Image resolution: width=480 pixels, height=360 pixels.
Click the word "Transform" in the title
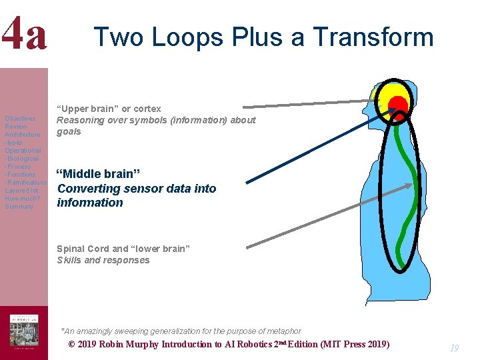377,37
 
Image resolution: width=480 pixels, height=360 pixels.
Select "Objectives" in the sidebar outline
20,119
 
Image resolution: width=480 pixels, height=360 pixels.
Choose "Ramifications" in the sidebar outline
27,183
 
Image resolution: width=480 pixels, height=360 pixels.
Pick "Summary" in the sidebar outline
19,207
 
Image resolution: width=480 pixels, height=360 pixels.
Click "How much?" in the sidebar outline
23,199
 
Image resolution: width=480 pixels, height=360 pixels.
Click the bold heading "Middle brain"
98,174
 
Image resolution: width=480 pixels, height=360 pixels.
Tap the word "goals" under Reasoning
69,132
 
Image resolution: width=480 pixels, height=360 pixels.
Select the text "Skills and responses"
103,261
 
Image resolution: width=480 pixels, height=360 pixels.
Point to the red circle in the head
398,105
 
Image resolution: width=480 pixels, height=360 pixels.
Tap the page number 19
454,347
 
